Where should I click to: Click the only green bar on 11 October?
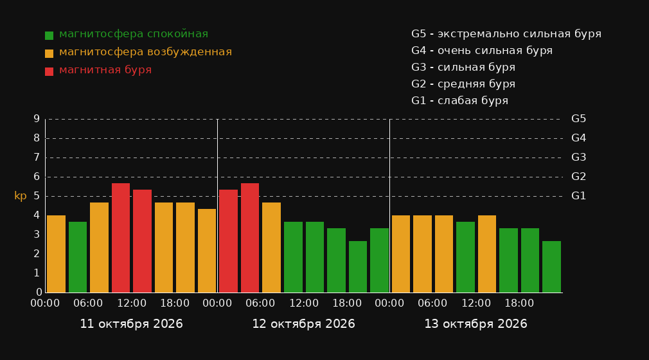[78, 257]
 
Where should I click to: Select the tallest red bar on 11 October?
[121, 238]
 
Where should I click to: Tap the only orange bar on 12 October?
[272, 248]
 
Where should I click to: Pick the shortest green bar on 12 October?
[358, 267]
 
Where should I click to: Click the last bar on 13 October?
[552, 267]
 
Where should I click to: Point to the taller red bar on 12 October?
[250, 238]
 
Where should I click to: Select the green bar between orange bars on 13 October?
[466, 257]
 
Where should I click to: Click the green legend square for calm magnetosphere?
[49, 35]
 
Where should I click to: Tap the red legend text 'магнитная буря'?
[105, 70]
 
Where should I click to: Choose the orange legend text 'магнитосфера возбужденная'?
[146, 52]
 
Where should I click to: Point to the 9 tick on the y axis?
[37, 119]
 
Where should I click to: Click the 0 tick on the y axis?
[39, 292]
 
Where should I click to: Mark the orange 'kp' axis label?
[21, 196]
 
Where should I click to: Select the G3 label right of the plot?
[578, 157]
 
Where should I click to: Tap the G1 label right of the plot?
[578, 196]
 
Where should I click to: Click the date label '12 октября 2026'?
[303, 324]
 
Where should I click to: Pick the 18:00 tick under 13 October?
[519, 303]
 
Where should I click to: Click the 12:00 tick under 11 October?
[132, 303]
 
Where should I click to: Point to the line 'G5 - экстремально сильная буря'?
[506, 34]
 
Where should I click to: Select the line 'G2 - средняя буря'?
[463, 84]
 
